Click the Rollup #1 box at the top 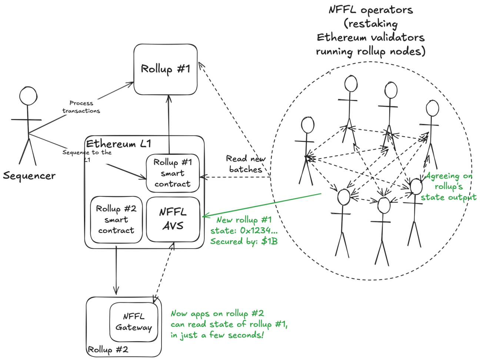coord(165,69)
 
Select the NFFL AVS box coord(173,219)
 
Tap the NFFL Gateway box coord(133,322)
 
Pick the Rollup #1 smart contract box coord(173,173)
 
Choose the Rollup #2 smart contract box coord(116,219)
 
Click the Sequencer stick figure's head coord(28,96)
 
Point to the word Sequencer coord(29,176)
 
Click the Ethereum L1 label coord(118,144)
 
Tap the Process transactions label coord(81,107)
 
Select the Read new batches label coord(246,164)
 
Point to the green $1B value coord(269,241)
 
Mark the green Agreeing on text coord(449,176)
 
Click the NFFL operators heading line coord(371,10)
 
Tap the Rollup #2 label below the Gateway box coord(108,349)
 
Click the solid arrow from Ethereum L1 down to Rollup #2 coord(116,270)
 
